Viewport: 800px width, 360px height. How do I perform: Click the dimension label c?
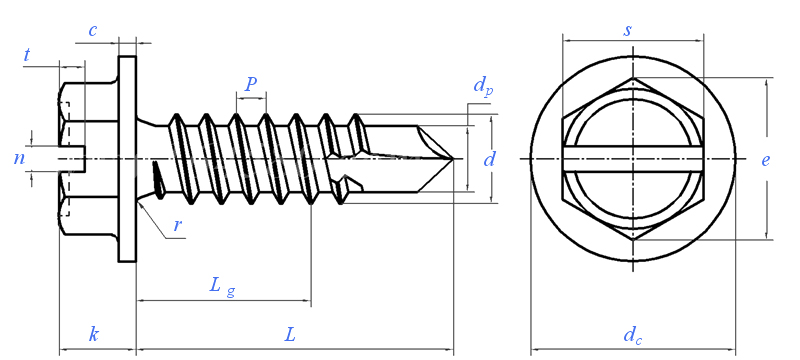[x=92, y=31]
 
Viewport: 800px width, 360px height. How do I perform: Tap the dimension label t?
[x=27, y=55]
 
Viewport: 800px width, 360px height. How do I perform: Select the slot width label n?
[x=19, y=159]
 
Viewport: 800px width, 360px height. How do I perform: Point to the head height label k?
[x=94, y=335]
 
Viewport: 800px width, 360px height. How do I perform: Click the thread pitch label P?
[x=250, y=84]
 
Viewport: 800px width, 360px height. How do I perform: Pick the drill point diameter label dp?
[x=483, y=86]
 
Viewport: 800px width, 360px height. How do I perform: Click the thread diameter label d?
[x=489, y=160]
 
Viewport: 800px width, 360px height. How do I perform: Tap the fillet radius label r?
[x=177, y=225]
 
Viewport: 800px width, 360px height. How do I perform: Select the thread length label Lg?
[x=222, y=286]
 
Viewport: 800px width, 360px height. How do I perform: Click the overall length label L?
[x=290, y=335]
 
